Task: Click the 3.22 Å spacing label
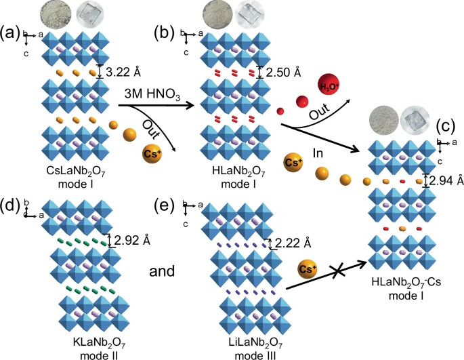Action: click(123, 72)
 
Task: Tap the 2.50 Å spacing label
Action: click(284, 72)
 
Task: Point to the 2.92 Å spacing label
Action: click(132, 241)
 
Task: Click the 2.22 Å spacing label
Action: click(293, 243)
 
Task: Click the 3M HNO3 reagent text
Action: click(152, 94)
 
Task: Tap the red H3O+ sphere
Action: click(329, 85)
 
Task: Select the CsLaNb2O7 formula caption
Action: click(76, 172)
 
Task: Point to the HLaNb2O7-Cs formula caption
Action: click(406, 282)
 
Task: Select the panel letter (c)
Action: click(445, 127)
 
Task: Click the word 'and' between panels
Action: click(162, 271)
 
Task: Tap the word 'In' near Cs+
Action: click(318, 153)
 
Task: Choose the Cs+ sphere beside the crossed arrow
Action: click(308, 269)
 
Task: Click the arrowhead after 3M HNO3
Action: click(189, 105)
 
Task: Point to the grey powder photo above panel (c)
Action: click(383, 120)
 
